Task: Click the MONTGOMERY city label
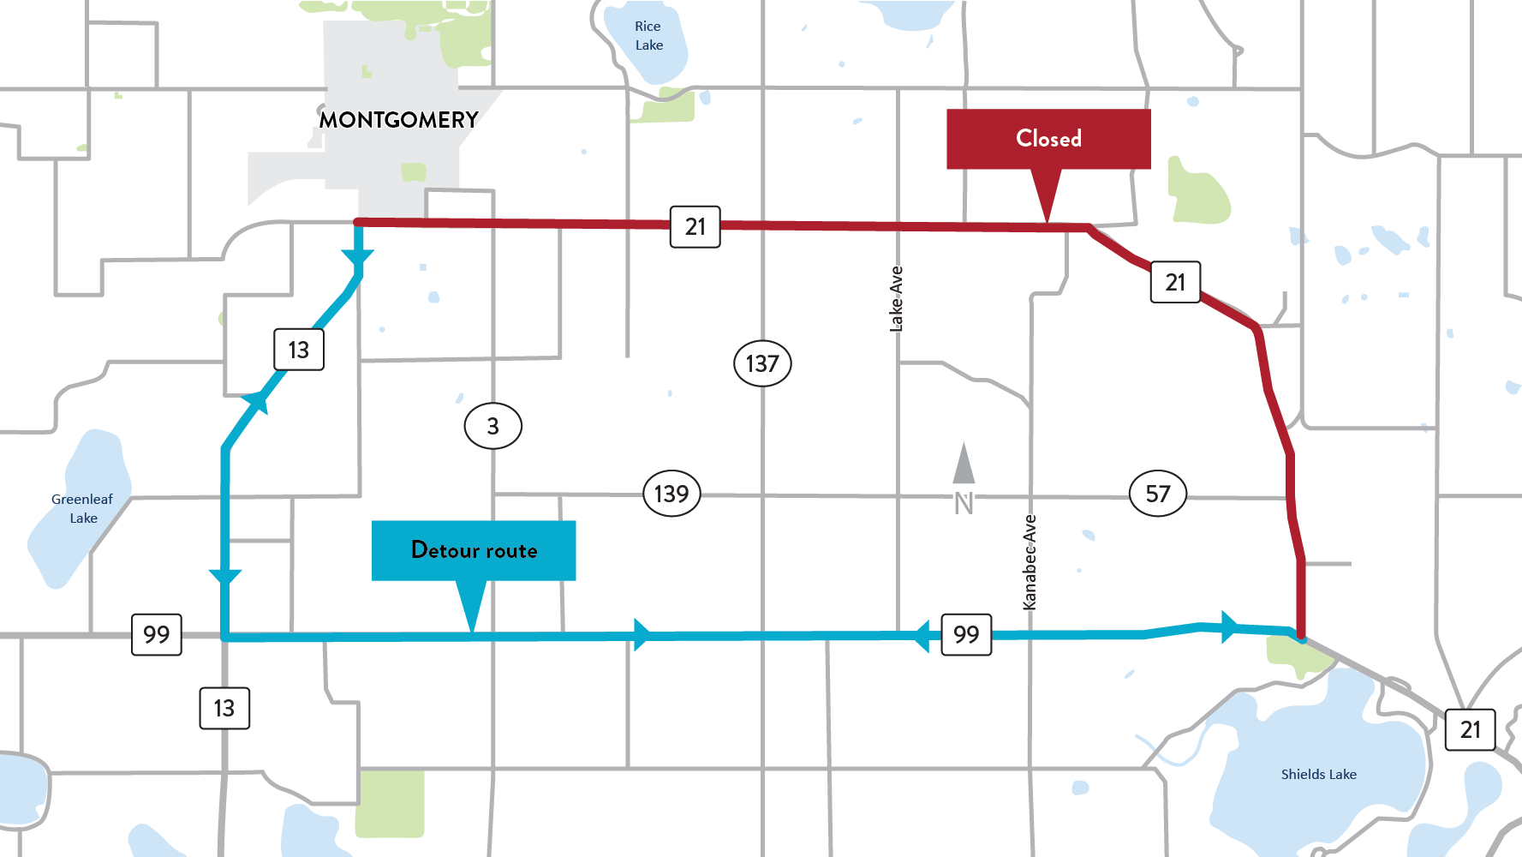coord(398,120)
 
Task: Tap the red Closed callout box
coord(1048,139)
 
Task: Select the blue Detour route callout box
coord(474,550)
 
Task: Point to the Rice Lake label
coord(648,36)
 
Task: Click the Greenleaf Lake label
coord(82,508)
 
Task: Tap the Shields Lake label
coord(1318,775)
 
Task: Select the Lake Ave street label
coord(896,299)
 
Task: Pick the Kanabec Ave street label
coord(1030,562)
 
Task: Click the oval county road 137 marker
coord(762,363)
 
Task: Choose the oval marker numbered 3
coord(492,426)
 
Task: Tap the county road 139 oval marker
coord(671,494)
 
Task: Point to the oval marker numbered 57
coord(1158,494)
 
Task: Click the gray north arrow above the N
coord(964,464)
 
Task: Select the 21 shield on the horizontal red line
coord(695,226)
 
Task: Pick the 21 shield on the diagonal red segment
coord(1175,282)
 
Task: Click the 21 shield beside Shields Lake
coord(1470,730)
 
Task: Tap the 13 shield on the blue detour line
coord(298,350)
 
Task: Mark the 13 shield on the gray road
coord(224,708)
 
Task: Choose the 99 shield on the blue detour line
coord(966,634)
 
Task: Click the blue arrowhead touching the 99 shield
coord(923,636)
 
